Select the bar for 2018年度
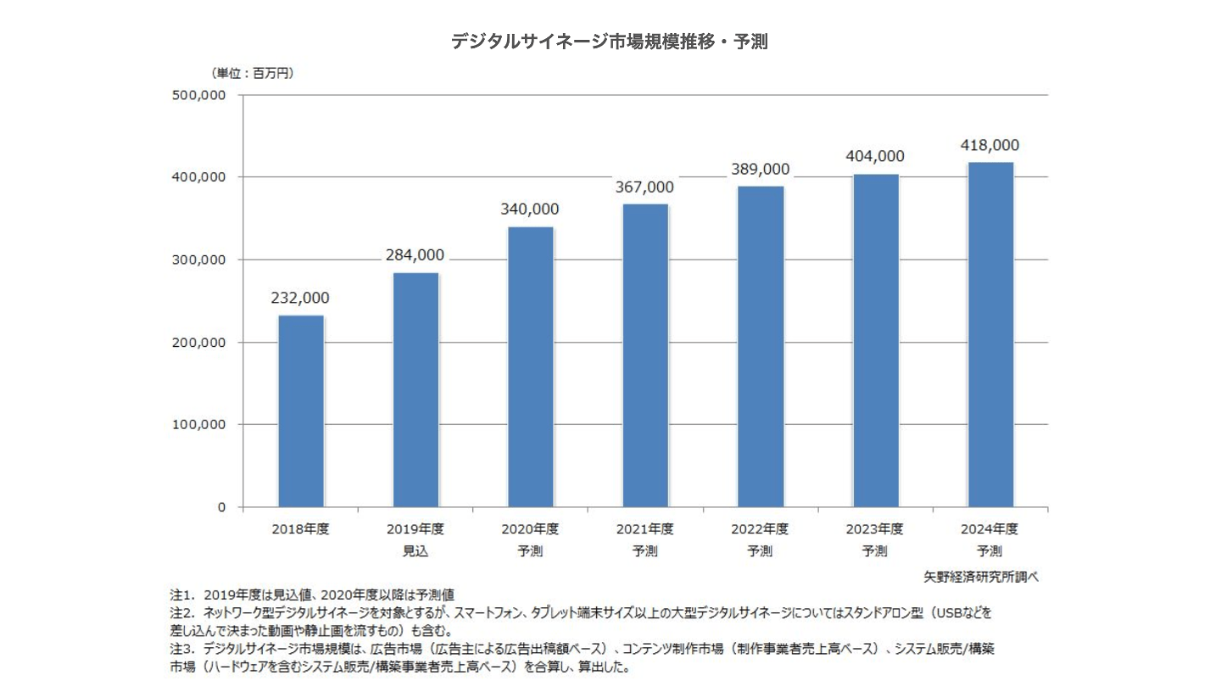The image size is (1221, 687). point(300,411)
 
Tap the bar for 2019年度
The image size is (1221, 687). point(415,390)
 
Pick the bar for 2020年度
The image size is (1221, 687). point(531,366)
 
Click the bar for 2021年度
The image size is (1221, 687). point(645,355)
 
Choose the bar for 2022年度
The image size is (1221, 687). point(761,346)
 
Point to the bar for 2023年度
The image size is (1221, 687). point(875,340)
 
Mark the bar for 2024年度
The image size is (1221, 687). point(990,334)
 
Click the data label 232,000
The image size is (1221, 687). point(300,299)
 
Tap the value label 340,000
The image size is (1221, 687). point(530,209)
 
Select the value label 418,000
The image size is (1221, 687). point(990,145)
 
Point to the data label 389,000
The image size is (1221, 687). point(760,169)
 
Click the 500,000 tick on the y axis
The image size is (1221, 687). point(199,95)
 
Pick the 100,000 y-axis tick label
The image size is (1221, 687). point(199,424)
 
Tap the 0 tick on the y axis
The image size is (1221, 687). point(220,507)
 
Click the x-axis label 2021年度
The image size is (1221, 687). point(645,529)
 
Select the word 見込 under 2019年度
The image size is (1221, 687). point(415,551)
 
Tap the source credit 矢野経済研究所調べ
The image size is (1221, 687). point(982,576)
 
